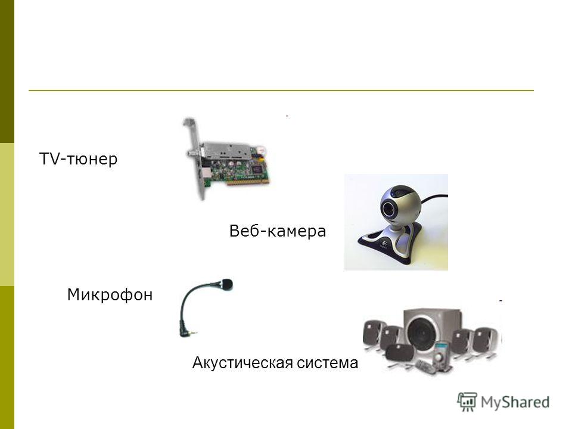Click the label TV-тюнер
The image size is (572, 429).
tap(78, 158)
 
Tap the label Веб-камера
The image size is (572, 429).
tap(277, 231)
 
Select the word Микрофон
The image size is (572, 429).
tap(110, 294)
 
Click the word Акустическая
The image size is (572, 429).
tap(243, 363)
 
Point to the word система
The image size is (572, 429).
tap(327, 363)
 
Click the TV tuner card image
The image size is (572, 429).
tap(226, 158)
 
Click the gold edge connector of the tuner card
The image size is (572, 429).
tap(248, 182)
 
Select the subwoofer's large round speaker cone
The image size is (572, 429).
tap(423, 331)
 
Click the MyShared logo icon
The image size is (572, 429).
tap(467, 402)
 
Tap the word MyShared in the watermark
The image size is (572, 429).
tap(515, 402)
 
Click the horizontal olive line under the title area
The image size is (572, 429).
tap(281, 90)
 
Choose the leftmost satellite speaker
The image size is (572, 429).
tap(372, 334)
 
